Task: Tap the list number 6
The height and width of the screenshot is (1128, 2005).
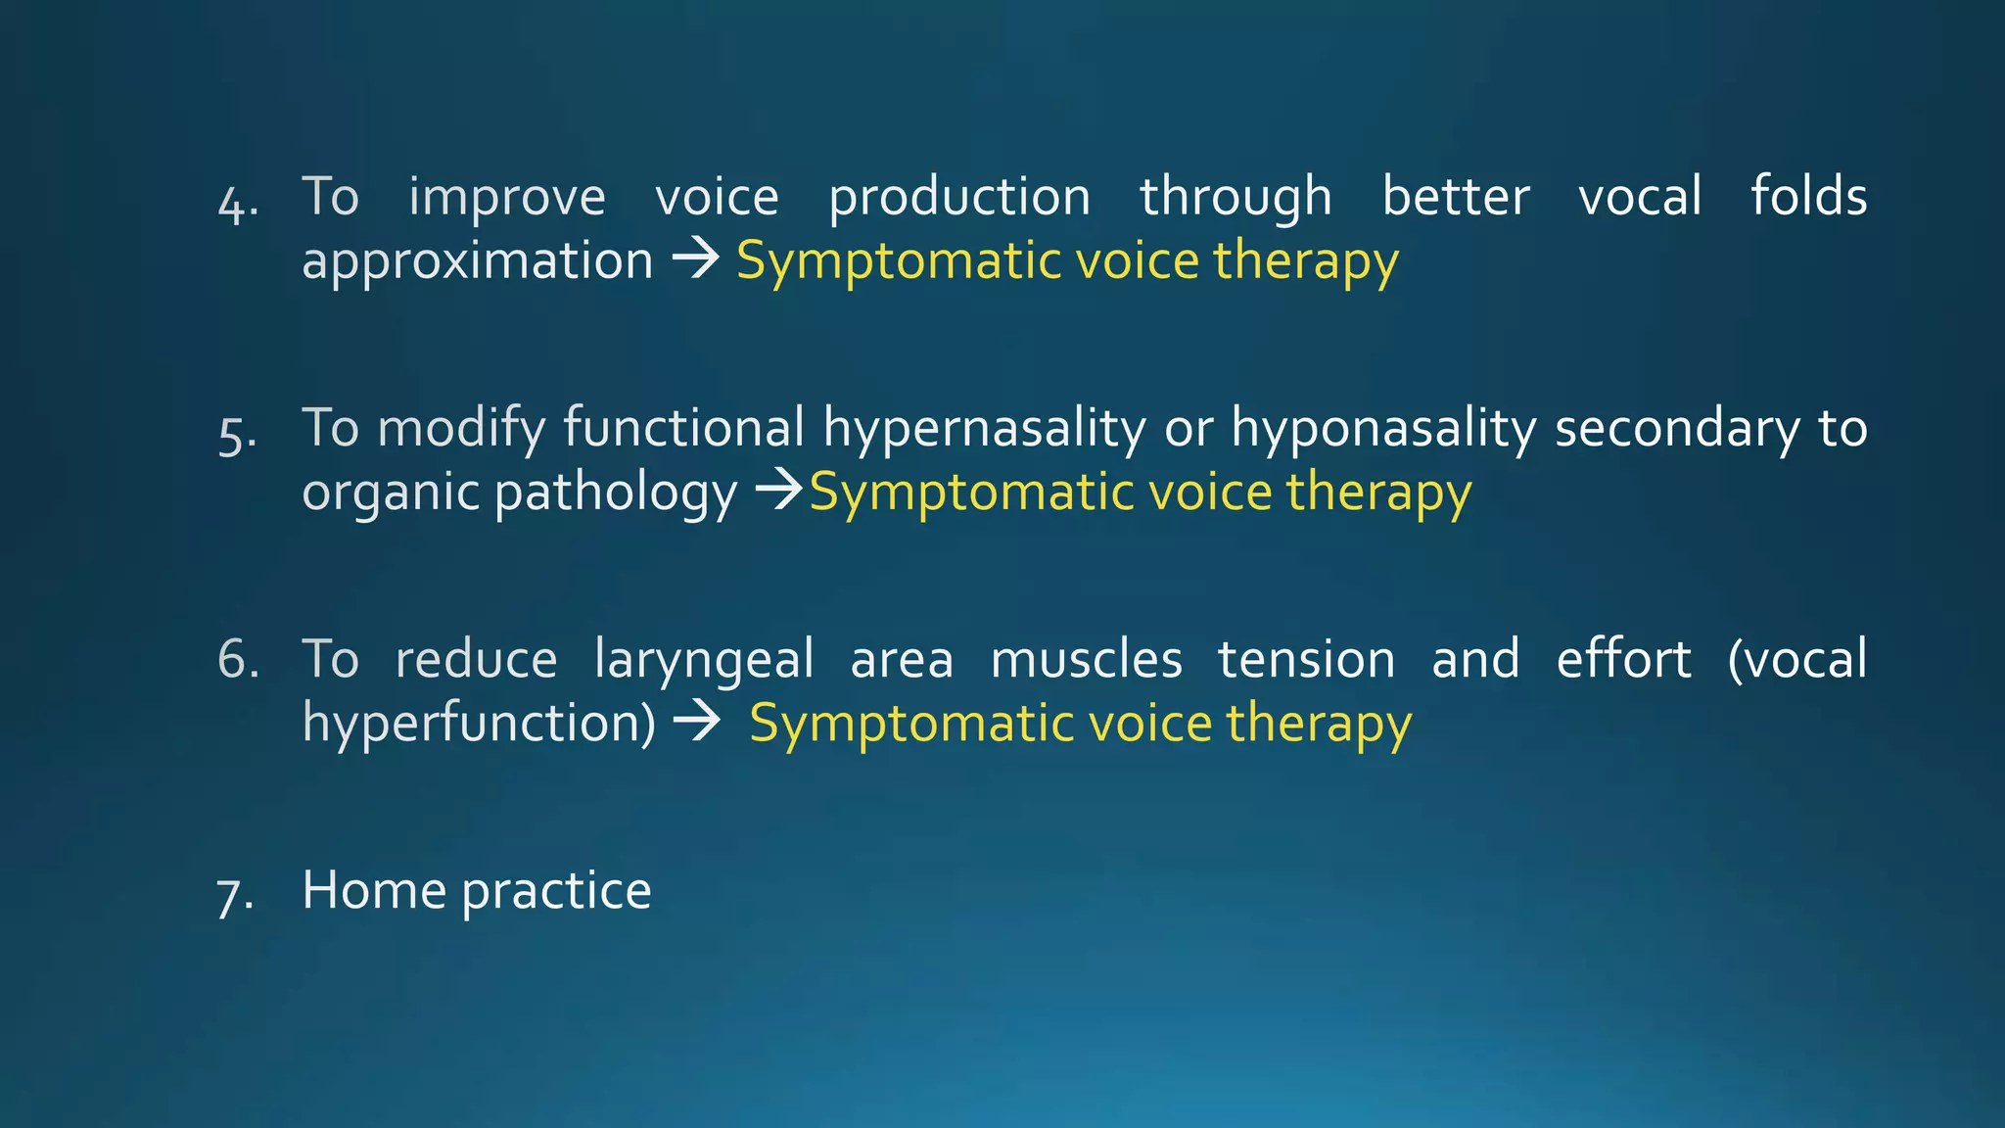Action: [238, 659]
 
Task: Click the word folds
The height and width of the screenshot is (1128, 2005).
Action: [1808, 196]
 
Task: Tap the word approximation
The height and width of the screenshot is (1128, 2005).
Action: [477, 261]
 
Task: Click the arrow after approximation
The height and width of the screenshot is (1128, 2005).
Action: [696, 259]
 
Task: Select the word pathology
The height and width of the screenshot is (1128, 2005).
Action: [616, 493]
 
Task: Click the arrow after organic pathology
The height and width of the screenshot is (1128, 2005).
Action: [779, 490]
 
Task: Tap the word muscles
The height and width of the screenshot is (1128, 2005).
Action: [1086, 659]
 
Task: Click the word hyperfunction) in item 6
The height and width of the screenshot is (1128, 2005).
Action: [479, 724]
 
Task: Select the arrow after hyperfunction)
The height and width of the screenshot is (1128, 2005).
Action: [697, 723]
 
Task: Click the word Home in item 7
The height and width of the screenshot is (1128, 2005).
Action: [373, 890]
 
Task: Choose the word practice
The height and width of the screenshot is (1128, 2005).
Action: [556, 893]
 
